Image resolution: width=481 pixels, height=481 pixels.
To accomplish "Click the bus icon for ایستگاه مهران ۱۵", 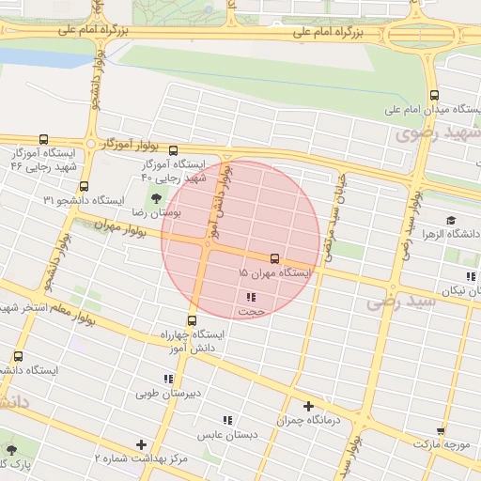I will click(x=274, y=257).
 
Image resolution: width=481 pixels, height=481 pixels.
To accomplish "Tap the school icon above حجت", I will click(x=250, y=297).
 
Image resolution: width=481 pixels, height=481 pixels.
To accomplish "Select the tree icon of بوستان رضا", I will click(x=156, y=198).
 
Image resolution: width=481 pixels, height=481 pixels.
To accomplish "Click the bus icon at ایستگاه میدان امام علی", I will click(x=433, y=95).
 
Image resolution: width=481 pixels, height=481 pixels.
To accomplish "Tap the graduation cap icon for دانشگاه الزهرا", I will click(x=452, y=220).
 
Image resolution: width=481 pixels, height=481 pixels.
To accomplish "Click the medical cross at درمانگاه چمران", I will click(x=307, y=406).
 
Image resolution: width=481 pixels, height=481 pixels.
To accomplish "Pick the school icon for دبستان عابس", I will click(x=226, y=421).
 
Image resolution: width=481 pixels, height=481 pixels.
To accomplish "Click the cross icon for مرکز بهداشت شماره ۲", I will click(x=142, y=444).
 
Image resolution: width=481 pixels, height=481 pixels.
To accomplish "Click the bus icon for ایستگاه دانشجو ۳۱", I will click(x=85, y=186).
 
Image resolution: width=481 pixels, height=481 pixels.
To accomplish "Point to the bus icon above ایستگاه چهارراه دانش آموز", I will click(x=193, y=320).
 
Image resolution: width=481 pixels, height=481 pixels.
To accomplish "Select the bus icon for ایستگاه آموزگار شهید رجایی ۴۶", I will click(x=43, y=139).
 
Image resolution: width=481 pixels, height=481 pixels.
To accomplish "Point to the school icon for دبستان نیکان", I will click(x=470, y=276).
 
